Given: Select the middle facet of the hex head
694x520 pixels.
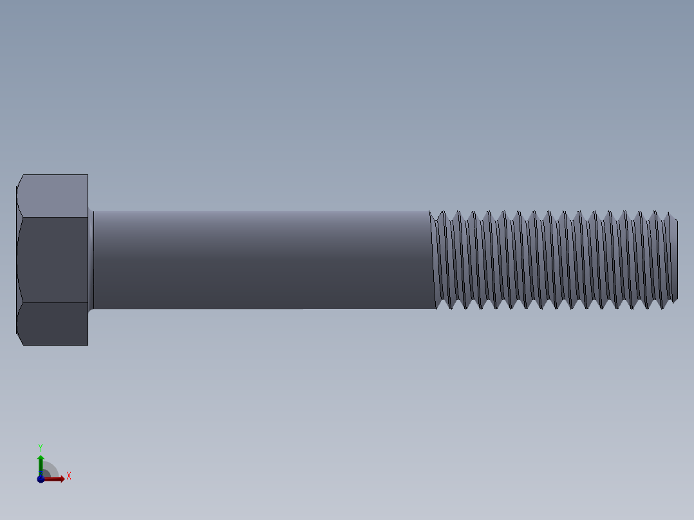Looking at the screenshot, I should (53, 259).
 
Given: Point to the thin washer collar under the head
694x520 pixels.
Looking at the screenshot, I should (91, 260).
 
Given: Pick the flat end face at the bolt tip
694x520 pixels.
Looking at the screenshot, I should (676, 259).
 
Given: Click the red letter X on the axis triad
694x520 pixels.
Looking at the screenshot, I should (68, 476).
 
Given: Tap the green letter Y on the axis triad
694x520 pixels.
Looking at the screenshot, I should (41, 447).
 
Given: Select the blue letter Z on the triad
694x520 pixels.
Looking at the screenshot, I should (40, 474).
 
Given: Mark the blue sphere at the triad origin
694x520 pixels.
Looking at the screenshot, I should (41, 479).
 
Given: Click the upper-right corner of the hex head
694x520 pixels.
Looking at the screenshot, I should (88, 175).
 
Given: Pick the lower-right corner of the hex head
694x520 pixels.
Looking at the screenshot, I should (88, 345).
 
